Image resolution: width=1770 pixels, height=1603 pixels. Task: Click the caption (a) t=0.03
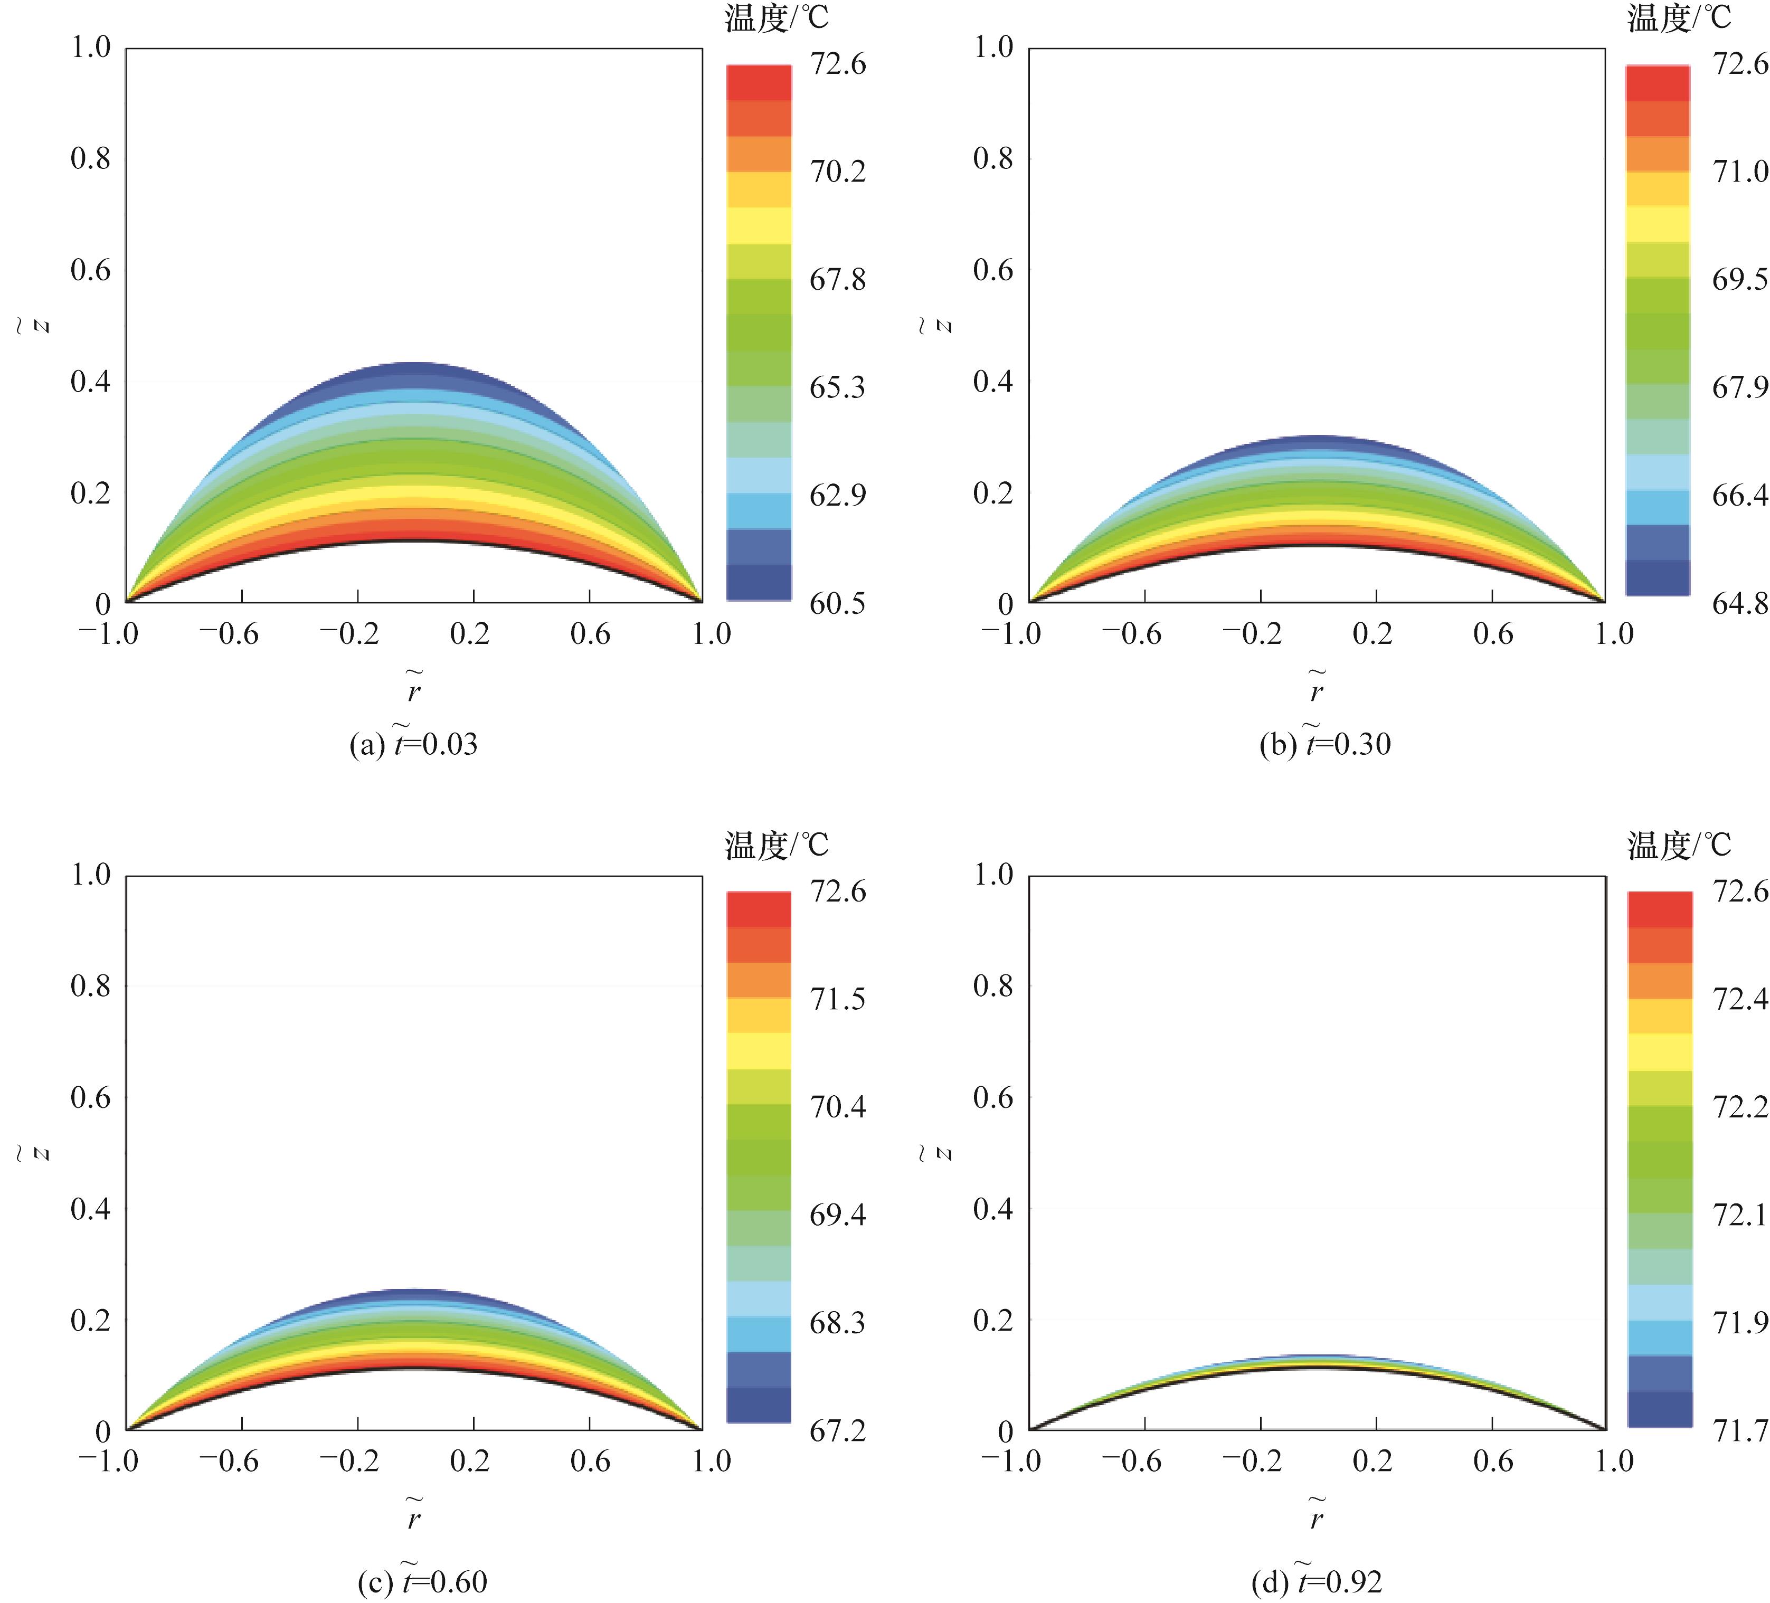coord(413,744)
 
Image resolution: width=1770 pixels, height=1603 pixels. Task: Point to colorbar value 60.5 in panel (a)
coord(837,603)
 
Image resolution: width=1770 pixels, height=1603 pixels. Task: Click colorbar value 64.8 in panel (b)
coord(1739,603)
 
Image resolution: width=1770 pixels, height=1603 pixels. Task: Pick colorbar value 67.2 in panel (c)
coord(837,1431)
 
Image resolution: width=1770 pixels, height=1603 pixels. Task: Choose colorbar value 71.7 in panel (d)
coord(1739,1431)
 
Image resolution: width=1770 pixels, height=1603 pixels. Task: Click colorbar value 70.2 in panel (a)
coord(837,171)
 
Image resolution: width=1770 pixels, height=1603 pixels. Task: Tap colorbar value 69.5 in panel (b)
coord(1739,279)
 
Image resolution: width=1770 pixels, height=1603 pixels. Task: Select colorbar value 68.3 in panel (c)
coord(837,1322)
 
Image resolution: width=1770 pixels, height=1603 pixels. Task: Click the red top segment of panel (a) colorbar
coord(759,82)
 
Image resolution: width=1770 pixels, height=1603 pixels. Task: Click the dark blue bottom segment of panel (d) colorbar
coord(1659,1409)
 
